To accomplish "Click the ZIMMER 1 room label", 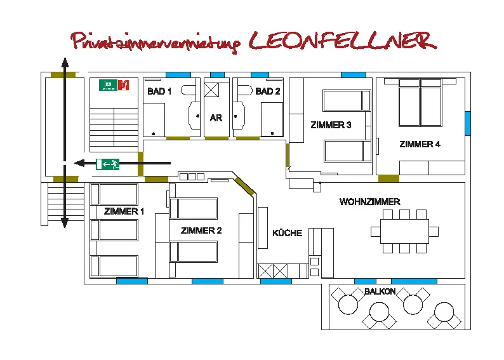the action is [x=124, y=211].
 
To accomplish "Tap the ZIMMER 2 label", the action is [x=201, y=230].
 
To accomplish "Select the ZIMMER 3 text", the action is [x=331, y=124].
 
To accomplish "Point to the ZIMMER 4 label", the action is [x=420, y=144].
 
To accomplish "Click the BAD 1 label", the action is [x=159, y=91].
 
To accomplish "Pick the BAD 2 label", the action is [x=268, y=91].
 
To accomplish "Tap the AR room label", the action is [x=216, y=118].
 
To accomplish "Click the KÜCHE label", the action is [x=288, y=233].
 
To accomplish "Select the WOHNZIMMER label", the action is [x=369, y=201].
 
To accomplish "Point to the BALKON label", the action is [x=380, y=291].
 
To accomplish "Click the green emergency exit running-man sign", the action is [x=108, y=164].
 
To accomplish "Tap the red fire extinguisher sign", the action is [x=124, y=85].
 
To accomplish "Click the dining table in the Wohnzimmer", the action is [x=405, y=231].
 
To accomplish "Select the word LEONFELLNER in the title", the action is [x=343, y=41].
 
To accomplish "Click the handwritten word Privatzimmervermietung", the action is [x=156, y=43].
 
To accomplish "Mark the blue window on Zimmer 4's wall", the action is [x=468, y=123].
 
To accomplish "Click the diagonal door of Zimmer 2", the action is [x=245, y=186].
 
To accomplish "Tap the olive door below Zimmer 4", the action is [x=388, y=178].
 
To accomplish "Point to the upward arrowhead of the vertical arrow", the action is [x=65, y=62].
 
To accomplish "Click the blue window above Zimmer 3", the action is [x=354, y=75].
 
